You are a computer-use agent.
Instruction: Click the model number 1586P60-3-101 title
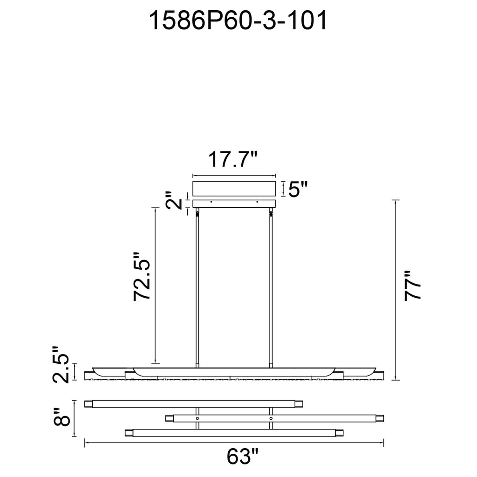238,20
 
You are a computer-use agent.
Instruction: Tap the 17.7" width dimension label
233,159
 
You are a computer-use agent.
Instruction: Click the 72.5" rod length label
142,276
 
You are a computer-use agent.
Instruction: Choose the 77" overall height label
412,286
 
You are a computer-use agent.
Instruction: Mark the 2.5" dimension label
61,364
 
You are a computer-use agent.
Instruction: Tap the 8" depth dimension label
61,417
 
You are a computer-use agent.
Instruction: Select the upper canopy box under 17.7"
234,189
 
